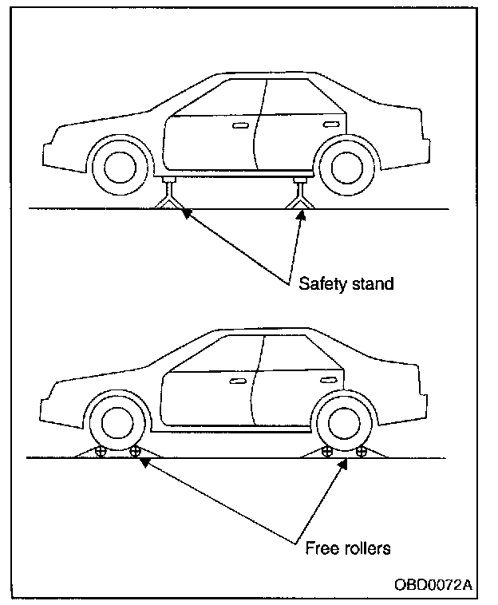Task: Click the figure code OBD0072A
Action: [x=432, y=584]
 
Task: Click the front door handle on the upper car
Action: [x=240, y=126]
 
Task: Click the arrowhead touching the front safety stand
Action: [x=185, y=213]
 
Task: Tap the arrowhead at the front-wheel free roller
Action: [x=143, y=461]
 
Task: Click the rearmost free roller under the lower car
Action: [x=361, y=452]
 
